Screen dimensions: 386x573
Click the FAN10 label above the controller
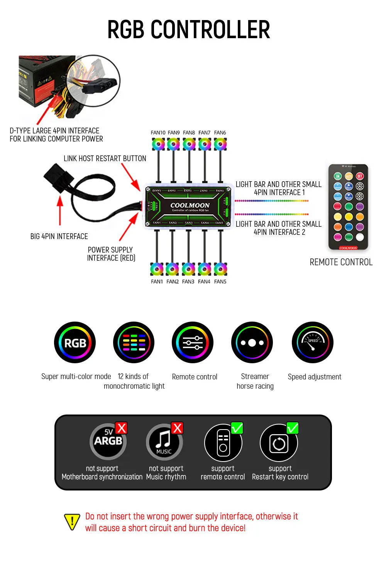(158, 133)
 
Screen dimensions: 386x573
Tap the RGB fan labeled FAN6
(220, 144)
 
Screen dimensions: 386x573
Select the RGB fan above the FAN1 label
(157, 269)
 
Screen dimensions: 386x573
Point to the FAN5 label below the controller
(220, 281)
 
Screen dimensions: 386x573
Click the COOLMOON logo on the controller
(190, 205)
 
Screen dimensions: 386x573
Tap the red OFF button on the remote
(360, 176)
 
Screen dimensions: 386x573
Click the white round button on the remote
(360, 237)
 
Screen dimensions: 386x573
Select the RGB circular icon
(75, 343)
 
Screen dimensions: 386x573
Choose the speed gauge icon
(313, 343)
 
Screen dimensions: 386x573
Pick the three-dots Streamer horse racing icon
(252, 343)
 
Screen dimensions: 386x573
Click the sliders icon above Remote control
(193, 343)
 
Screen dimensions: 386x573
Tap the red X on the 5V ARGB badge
(121, 428)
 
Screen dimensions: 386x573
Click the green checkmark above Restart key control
(293, 428)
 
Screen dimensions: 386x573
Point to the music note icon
(164, 442)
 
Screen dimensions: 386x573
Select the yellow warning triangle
(72, 522)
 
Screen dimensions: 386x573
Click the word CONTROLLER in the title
(210, 30)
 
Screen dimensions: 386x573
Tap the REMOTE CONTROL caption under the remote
(341, 262)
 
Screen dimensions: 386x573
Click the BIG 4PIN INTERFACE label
(59, 236)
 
